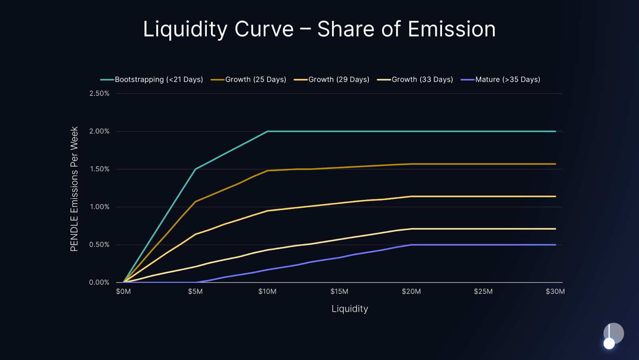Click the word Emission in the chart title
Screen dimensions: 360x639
[x=451, y=29]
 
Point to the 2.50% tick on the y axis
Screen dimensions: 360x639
[x=99, y=93]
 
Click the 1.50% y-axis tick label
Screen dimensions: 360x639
[x=99, y=169]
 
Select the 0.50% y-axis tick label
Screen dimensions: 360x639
[x=99, y=245]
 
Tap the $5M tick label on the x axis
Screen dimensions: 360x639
[x=195, y=292]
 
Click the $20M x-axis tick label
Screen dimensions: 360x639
[x=411, y=292]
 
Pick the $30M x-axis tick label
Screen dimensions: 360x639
[x=555, y=292]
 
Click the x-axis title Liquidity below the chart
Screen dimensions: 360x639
[x=350, y=309]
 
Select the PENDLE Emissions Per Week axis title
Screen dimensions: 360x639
[x=74, y=189]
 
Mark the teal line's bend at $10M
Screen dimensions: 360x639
[x=268, y=131]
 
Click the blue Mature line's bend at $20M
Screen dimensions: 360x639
[x=411, y=245]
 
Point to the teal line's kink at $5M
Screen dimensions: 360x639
[x=195, y=169]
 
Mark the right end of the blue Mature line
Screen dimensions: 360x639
[x=555, y=245]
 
